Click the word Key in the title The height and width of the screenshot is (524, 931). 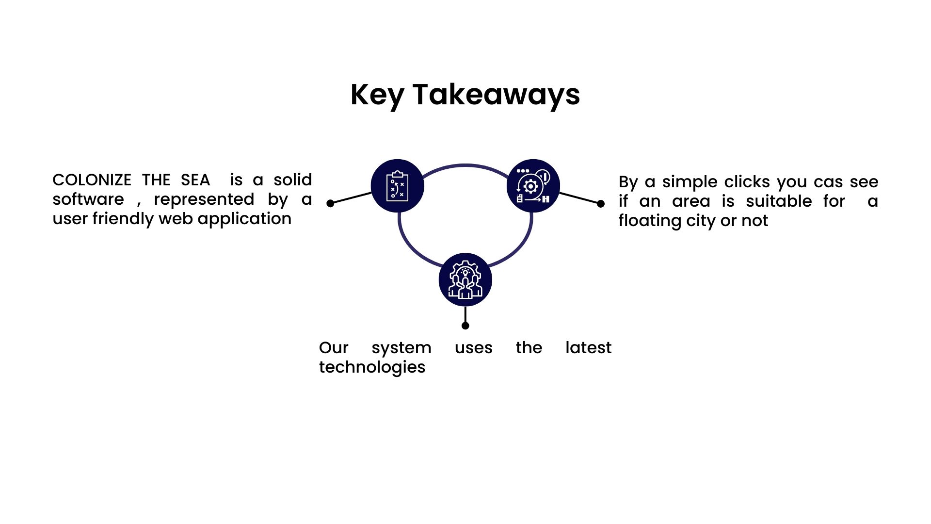tap(377, 95)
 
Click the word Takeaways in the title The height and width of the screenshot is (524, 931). tap(496, 95)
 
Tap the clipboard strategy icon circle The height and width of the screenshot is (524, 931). tap(397, 186)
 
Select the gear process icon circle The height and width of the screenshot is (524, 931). tap(533, 186)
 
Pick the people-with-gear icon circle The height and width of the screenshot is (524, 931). tap(465, 280)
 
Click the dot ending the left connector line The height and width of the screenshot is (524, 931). tap(330, 203)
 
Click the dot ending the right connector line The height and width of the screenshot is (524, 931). tap(601, 204)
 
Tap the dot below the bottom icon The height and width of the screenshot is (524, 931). tap(465, 326)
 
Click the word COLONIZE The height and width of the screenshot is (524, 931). tap(92, 180)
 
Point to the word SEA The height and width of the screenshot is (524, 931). tap(195, 180)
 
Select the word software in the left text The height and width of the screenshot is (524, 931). tap(88, 199)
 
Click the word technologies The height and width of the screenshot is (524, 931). tap(372, 367)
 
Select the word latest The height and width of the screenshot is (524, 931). tap(588, 348)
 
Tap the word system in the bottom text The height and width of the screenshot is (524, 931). tap(401, 348)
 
